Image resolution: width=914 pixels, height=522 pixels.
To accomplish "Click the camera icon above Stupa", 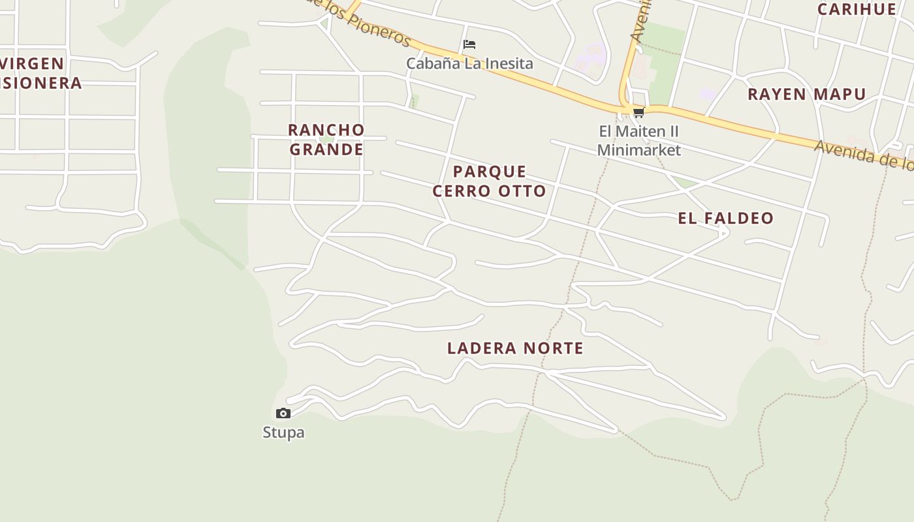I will (283, 413).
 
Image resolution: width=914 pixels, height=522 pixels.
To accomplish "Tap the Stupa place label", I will (283, 433).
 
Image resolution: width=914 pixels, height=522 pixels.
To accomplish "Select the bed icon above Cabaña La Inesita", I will (469, 44).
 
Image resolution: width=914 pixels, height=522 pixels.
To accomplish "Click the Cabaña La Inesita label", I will (469, 63).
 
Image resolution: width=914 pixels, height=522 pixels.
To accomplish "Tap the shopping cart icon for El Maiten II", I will (638, 113).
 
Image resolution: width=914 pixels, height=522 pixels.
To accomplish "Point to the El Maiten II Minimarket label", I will (638, 140).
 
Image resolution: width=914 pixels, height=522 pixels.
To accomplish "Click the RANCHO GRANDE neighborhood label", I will (326, 139).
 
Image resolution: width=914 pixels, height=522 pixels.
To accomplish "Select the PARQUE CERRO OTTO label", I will (490, 181).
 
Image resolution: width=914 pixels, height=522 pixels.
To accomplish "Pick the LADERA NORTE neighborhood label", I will (515, 348).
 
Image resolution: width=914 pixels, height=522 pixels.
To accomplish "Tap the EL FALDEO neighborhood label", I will (725, 218).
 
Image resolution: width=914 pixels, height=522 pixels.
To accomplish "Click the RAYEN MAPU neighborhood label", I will (806, 94).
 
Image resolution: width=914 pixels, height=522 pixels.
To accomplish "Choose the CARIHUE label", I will (857, 9).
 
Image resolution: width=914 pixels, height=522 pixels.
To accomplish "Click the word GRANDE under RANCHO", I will (326, 149).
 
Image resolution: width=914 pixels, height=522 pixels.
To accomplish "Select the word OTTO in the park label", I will (520, 191).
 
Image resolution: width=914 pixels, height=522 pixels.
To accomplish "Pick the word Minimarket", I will (638, 150).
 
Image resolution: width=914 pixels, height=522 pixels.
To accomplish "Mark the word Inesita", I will (509, 63).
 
